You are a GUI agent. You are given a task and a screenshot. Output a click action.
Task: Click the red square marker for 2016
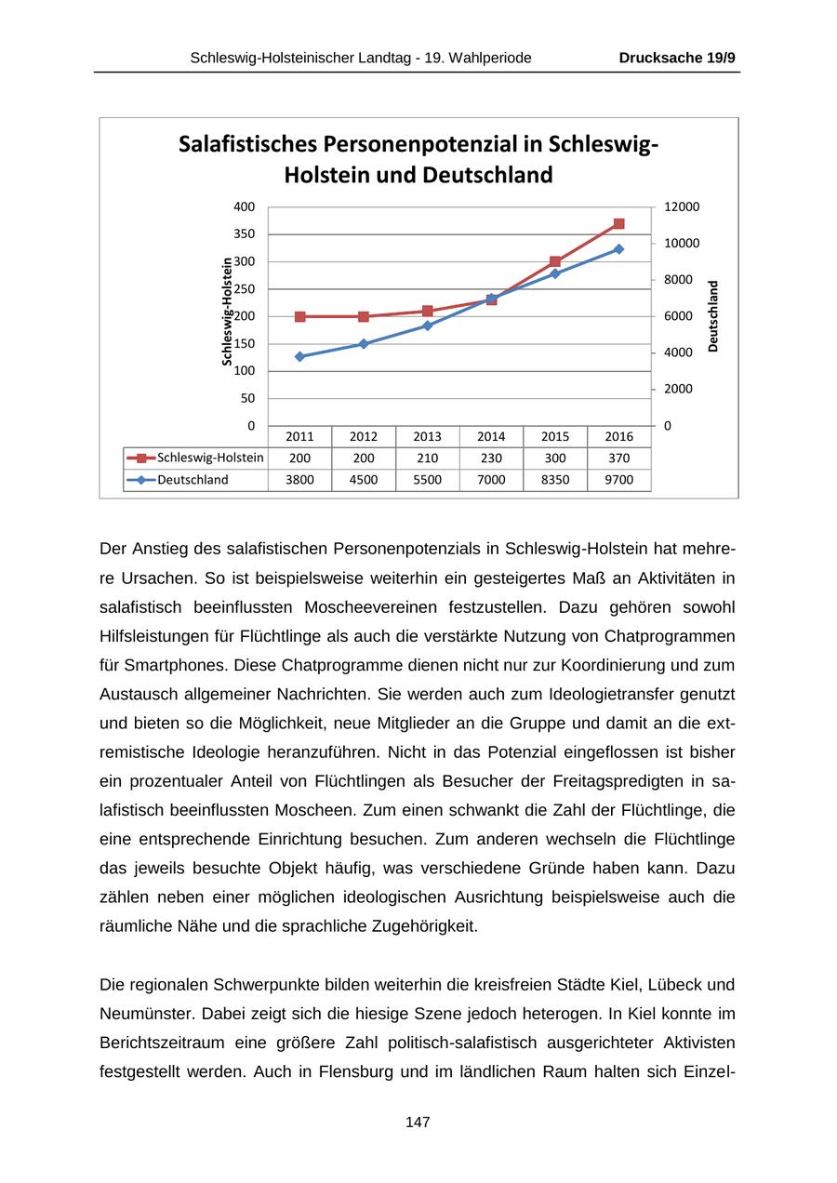(619, 224)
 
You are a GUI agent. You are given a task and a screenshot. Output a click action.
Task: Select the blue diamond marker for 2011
(299, 356)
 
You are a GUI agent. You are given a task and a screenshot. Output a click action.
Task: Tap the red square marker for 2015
(555, 262)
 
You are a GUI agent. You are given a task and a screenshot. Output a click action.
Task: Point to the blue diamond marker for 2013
(428, 326)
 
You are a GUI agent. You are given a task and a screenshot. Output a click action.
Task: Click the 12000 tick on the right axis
(682, 206)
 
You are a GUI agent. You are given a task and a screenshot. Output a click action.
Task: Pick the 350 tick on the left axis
(244, 234)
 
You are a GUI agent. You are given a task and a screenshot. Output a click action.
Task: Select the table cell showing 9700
(619, 480)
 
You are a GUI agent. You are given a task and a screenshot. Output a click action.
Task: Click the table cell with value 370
(619, 458)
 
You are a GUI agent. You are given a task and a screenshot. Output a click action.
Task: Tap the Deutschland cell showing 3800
(299, 480)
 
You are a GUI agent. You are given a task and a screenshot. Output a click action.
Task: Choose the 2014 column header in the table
(491, 436)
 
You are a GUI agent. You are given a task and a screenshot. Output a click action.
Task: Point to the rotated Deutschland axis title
(713, 316)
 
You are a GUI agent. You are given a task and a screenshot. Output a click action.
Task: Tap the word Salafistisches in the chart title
(247, 144)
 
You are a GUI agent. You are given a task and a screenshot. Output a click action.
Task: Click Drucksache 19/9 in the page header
(677, 58)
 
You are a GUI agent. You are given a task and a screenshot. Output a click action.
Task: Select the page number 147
(418, 1123)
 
